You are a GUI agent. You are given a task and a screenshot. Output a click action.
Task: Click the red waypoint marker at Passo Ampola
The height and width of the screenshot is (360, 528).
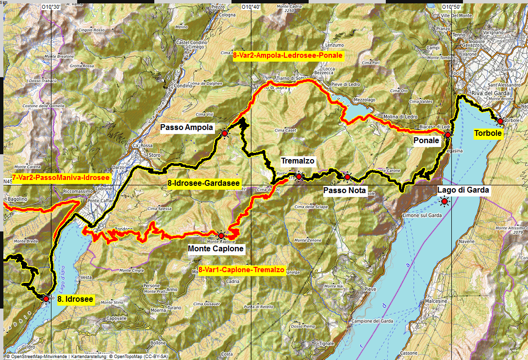point(225,132)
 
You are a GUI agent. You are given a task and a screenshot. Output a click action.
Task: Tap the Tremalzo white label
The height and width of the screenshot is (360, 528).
point(297,161)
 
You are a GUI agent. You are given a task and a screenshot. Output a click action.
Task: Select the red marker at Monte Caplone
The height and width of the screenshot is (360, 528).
point(221,235)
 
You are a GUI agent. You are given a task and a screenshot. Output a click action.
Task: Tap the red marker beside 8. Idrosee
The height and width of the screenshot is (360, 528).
point(46,299)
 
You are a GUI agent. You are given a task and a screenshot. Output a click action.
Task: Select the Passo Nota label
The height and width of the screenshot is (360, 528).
point(345,191)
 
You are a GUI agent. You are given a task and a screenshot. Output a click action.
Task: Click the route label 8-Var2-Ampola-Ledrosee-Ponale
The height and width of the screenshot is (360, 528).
point(288,56)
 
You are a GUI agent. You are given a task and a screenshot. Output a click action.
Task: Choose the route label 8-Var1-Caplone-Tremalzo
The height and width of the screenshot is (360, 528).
point(241,270)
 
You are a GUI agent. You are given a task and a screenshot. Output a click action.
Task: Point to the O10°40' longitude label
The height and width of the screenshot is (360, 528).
point(251,7)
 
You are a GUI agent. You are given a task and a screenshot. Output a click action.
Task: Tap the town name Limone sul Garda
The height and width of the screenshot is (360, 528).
point(422,215)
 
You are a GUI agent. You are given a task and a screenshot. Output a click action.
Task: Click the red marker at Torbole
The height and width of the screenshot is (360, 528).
point(500,121)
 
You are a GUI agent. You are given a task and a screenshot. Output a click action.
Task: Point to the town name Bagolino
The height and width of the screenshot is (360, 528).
point(16,199)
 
